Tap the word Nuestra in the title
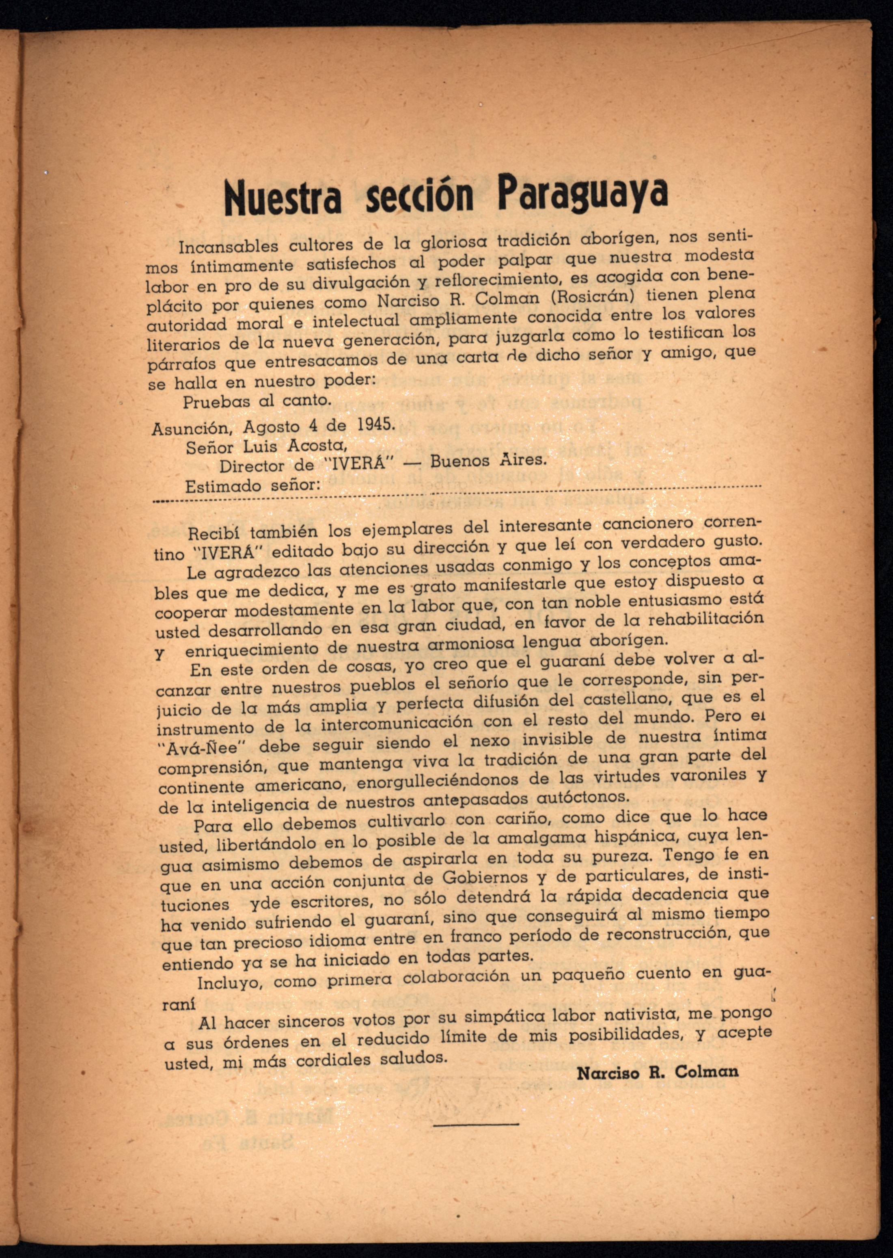[283, 198]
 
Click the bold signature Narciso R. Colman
[657, 1071]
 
